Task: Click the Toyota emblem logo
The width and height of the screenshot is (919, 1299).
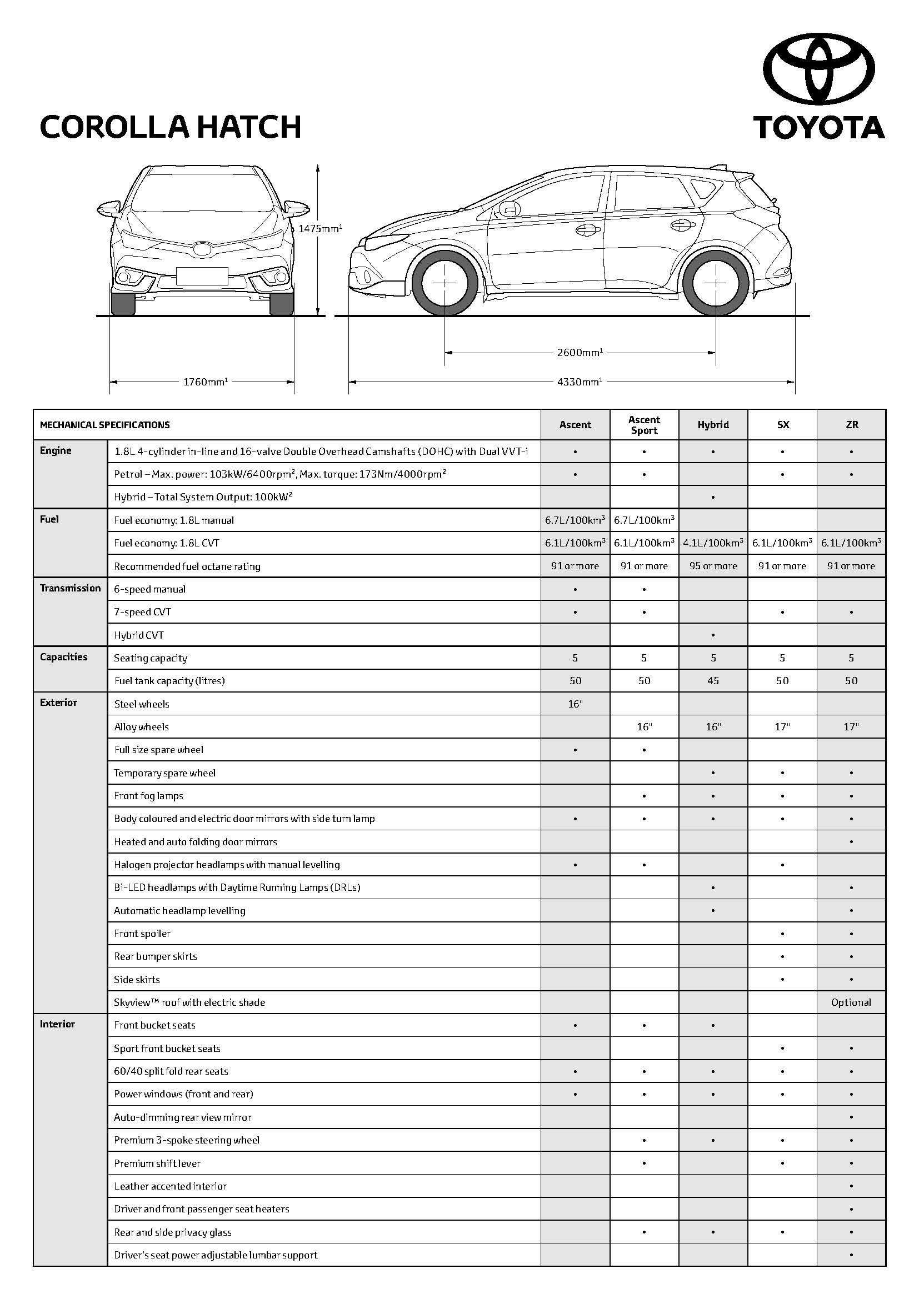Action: [818, 69]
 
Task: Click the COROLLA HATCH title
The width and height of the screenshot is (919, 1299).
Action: [171, 127]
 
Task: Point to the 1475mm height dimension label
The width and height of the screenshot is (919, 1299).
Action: [320, 229]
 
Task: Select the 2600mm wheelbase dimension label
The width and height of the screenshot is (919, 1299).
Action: [580, 353]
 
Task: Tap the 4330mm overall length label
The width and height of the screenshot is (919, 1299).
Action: [580, 382]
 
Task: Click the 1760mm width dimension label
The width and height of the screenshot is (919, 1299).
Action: [206, 382]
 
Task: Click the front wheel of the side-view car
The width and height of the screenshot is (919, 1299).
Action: [445, 282]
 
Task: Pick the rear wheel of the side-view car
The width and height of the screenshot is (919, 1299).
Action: [715, 282]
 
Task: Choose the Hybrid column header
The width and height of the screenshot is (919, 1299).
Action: [713, 425]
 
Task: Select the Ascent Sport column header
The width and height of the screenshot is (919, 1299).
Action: [644, 425]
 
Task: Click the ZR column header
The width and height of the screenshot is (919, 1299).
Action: [852, 425]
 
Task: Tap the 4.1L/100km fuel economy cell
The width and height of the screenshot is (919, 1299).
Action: [713, 543]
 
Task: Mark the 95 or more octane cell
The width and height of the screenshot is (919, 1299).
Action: [713, 566]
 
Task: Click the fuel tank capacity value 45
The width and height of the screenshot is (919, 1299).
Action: [713, 681]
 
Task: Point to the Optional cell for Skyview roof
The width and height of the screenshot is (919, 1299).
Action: [851, 1002]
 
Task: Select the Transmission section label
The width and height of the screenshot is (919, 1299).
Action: [70, 588]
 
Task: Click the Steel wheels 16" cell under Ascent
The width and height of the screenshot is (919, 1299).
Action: [575, 704]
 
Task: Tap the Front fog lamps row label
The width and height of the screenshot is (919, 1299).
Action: [149, 795]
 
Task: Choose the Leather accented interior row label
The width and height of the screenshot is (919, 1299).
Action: [171, 1186]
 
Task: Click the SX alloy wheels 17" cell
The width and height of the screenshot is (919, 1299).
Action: [782, 726]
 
